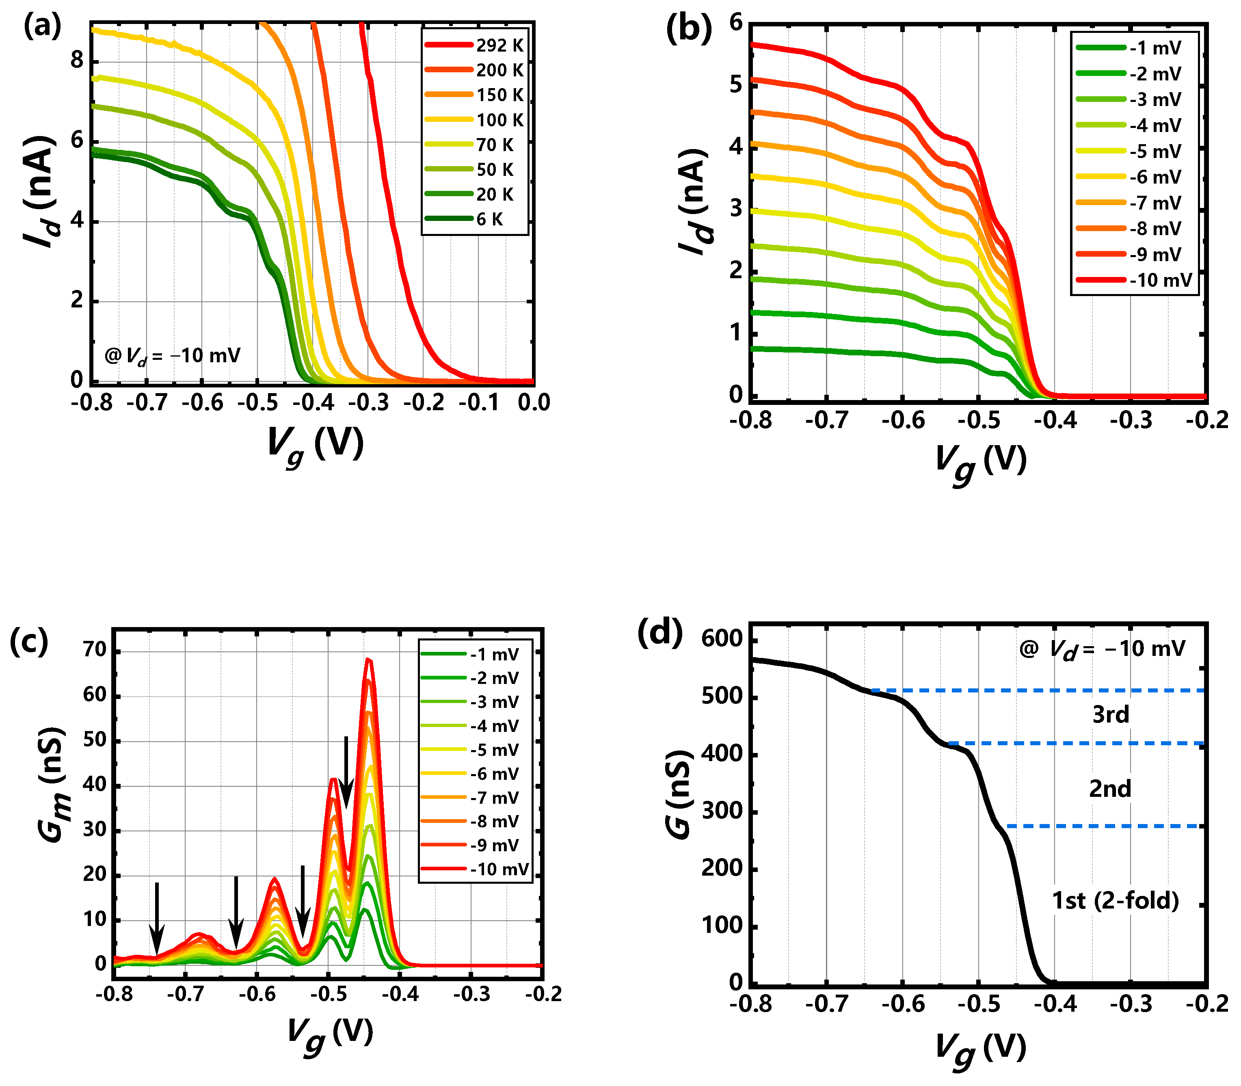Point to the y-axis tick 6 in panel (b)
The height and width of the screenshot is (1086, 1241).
pos(736,23)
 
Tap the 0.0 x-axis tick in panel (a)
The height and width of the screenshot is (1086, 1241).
pos(533,403)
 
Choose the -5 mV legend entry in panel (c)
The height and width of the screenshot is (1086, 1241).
pos(494,750)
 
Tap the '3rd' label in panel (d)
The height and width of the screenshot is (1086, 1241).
pos(1110,715)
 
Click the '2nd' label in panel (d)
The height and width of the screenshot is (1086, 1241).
pos(1110,789)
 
